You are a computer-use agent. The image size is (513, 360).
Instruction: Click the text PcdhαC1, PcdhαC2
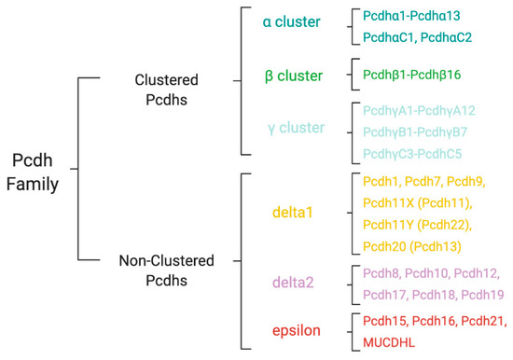(x=420, y=37)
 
